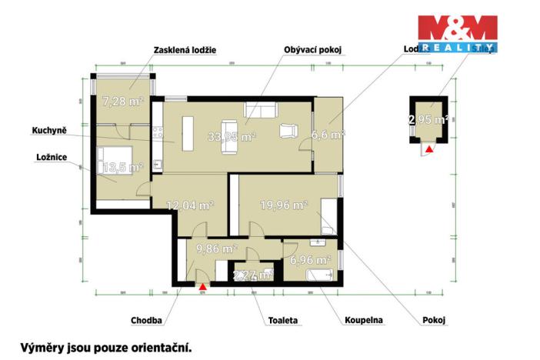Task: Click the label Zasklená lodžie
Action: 185,49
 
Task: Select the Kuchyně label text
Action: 49,131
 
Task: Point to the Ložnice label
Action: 48,158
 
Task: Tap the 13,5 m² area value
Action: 123,166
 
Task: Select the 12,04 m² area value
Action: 189,205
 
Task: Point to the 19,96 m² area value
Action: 284,205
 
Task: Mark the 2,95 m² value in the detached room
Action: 428,119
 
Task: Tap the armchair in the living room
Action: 291,132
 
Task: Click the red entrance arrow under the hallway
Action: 202,285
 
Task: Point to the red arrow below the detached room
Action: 429,149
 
